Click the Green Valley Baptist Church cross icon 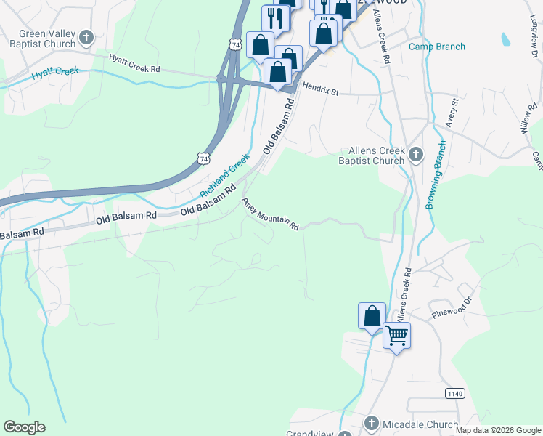pos(86,36)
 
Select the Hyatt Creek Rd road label pos(134,63)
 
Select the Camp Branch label pos(437,47)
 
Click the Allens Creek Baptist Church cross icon pos(416,153)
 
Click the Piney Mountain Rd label pos(271,214)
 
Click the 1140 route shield pos(454,393)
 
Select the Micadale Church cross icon pos(371,424)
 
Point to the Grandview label pos(309,433)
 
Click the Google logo pos(24,427)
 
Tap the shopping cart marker pos(396,336)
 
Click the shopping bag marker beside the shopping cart pos(372,316)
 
